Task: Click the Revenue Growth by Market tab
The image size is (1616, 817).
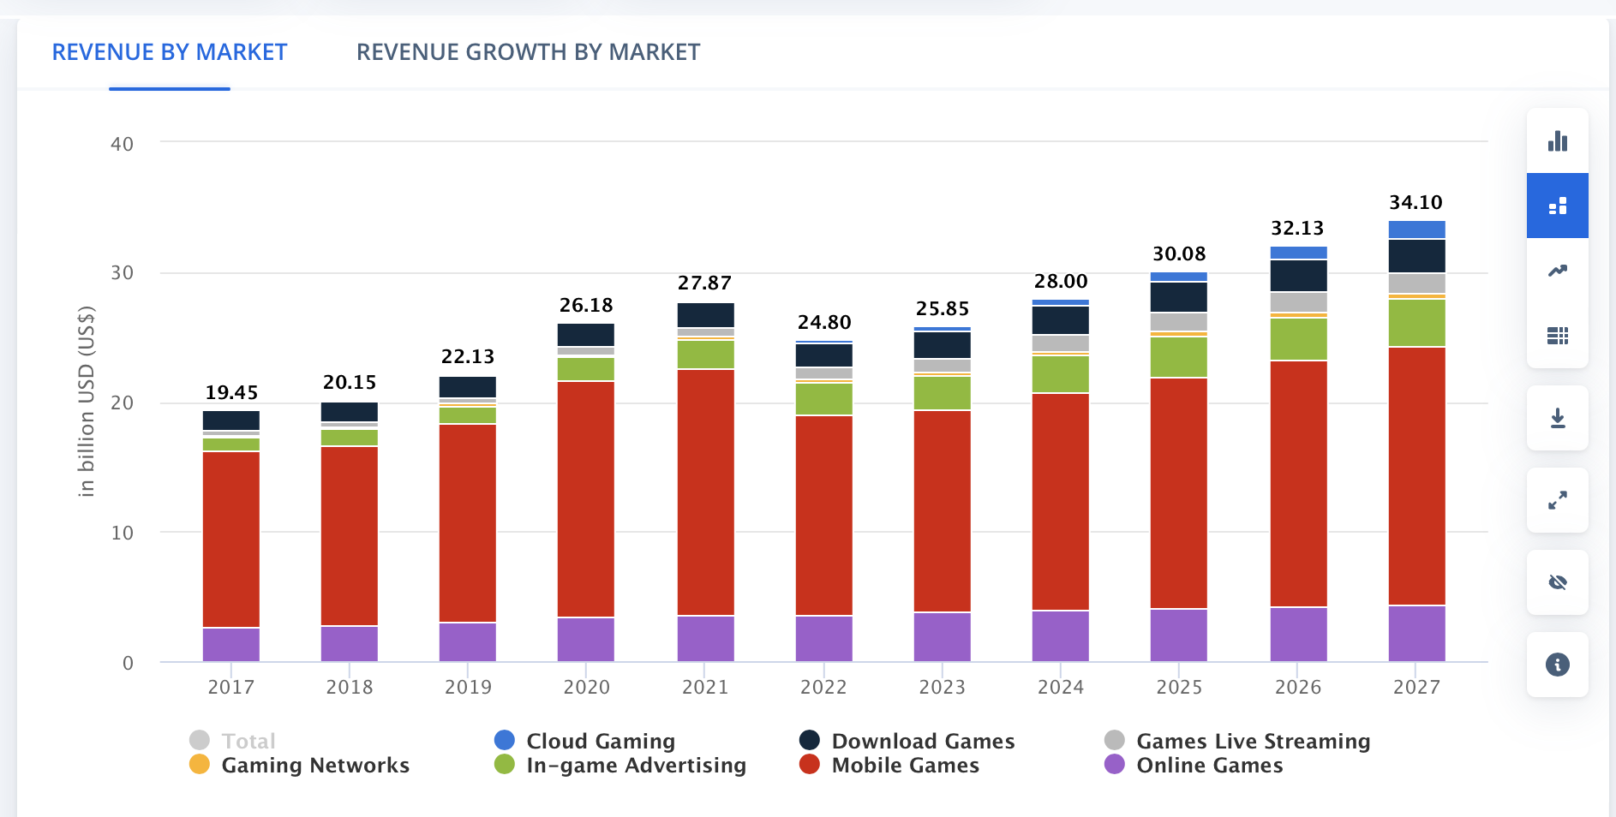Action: pos(528,52)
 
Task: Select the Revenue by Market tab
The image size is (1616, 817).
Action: pos(170,52)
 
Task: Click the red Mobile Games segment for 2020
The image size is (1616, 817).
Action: pos(586,498)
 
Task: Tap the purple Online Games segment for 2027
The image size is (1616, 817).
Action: pos(1416,633)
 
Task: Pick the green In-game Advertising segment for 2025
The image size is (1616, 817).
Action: pos(1179,356)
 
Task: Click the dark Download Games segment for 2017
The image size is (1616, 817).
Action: pos(231,420)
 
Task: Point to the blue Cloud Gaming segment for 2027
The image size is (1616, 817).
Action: pos(1416,230)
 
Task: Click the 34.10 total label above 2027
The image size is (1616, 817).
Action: pos(1415,203)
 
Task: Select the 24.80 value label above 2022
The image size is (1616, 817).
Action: pos(824,323)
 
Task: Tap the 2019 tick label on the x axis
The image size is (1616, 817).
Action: pos(468,687)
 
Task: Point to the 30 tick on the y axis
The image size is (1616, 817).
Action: pos(122,273)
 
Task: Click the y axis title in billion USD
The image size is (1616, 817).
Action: pos(86,401)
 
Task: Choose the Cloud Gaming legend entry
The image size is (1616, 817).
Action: pos(600,741)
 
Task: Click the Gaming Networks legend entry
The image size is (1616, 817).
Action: pos(314,765)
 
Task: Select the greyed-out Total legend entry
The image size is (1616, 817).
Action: pos(248,741)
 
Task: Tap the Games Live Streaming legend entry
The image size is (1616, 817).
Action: pos(1252,741)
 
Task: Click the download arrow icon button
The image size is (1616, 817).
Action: pos(1557,418)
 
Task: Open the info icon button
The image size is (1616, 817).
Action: pos(1557,665)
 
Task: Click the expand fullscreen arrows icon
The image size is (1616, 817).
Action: pos(1557,500)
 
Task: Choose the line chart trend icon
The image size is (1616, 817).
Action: pos(1557,271)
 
